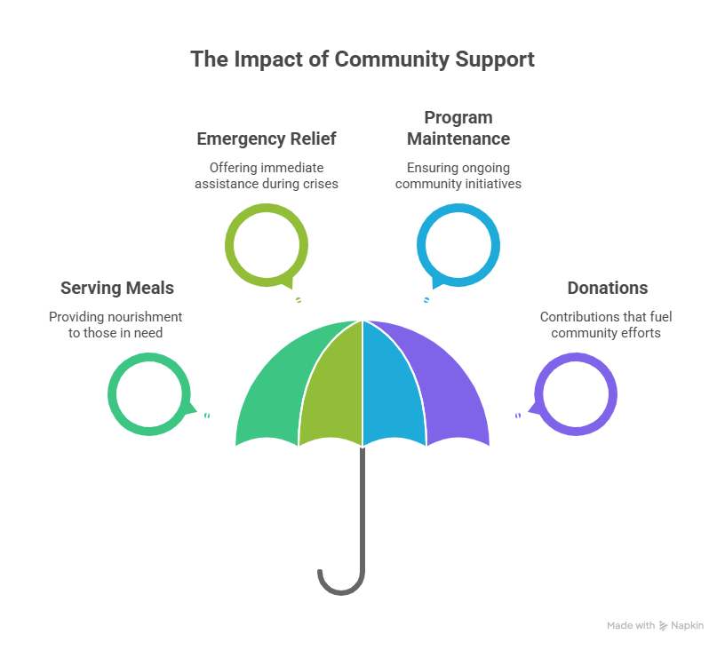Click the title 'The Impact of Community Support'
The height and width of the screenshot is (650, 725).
tap(362, 59)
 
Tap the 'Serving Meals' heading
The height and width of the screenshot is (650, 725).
tap(117, 289)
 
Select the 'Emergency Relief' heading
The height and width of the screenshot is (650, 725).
tap(267, 139)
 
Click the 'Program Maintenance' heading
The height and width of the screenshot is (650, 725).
tap(458, 129)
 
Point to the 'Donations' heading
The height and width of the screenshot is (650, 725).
tap(608, 289)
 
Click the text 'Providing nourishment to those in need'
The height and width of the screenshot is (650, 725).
tap(116, 325)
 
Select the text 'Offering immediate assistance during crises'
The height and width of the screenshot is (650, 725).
tap(267, 176)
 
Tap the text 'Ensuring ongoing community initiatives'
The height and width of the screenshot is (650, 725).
tap(458, 176)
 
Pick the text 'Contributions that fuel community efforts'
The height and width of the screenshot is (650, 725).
tap(606, 325)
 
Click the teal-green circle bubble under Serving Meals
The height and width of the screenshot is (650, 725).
tap(112, 394)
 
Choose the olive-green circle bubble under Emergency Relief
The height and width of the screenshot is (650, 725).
tap(229, 245)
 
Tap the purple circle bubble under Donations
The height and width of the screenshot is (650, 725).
tap(613, 394)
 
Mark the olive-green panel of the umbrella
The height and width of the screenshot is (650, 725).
tap(331, 392)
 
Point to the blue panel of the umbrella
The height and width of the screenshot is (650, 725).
tap(393, 392)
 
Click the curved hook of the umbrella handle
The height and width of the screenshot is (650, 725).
tap(341, 592)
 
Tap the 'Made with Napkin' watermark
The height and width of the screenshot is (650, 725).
tap(655, 625)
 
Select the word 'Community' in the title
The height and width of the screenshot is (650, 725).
tap(392, 59)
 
